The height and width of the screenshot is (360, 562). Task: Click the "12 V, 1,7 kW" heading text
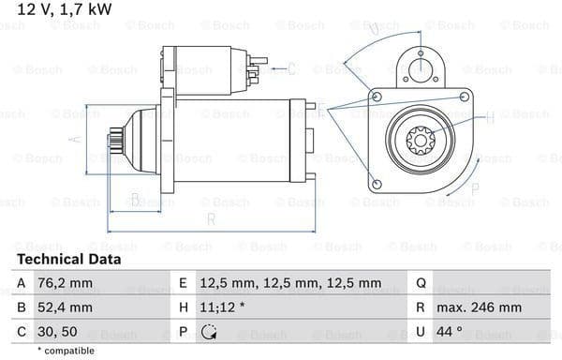click(65, 9)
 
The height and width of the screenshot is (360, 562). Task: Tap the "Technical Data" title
click(69, 260)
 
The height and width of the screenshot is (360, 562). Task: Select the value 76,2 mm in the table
click(65, 283)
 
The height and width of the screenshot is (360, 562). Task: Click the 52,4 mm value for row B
click(65, 307)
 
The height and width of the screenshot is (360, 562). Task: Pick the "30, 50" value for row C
click(57, 332)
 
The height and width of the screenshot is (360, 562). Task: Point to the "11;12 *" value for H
click(222, 307)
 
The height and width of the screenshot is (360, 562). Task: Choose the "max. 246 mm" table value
click(479, 307)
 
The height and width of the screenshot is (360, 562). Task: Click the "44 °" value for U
click(450, 332)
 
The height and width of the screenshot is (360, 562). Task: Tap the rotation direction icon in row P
click(209, 332)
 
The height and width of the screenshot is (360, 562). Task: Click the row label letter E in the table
click(184, 283)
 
